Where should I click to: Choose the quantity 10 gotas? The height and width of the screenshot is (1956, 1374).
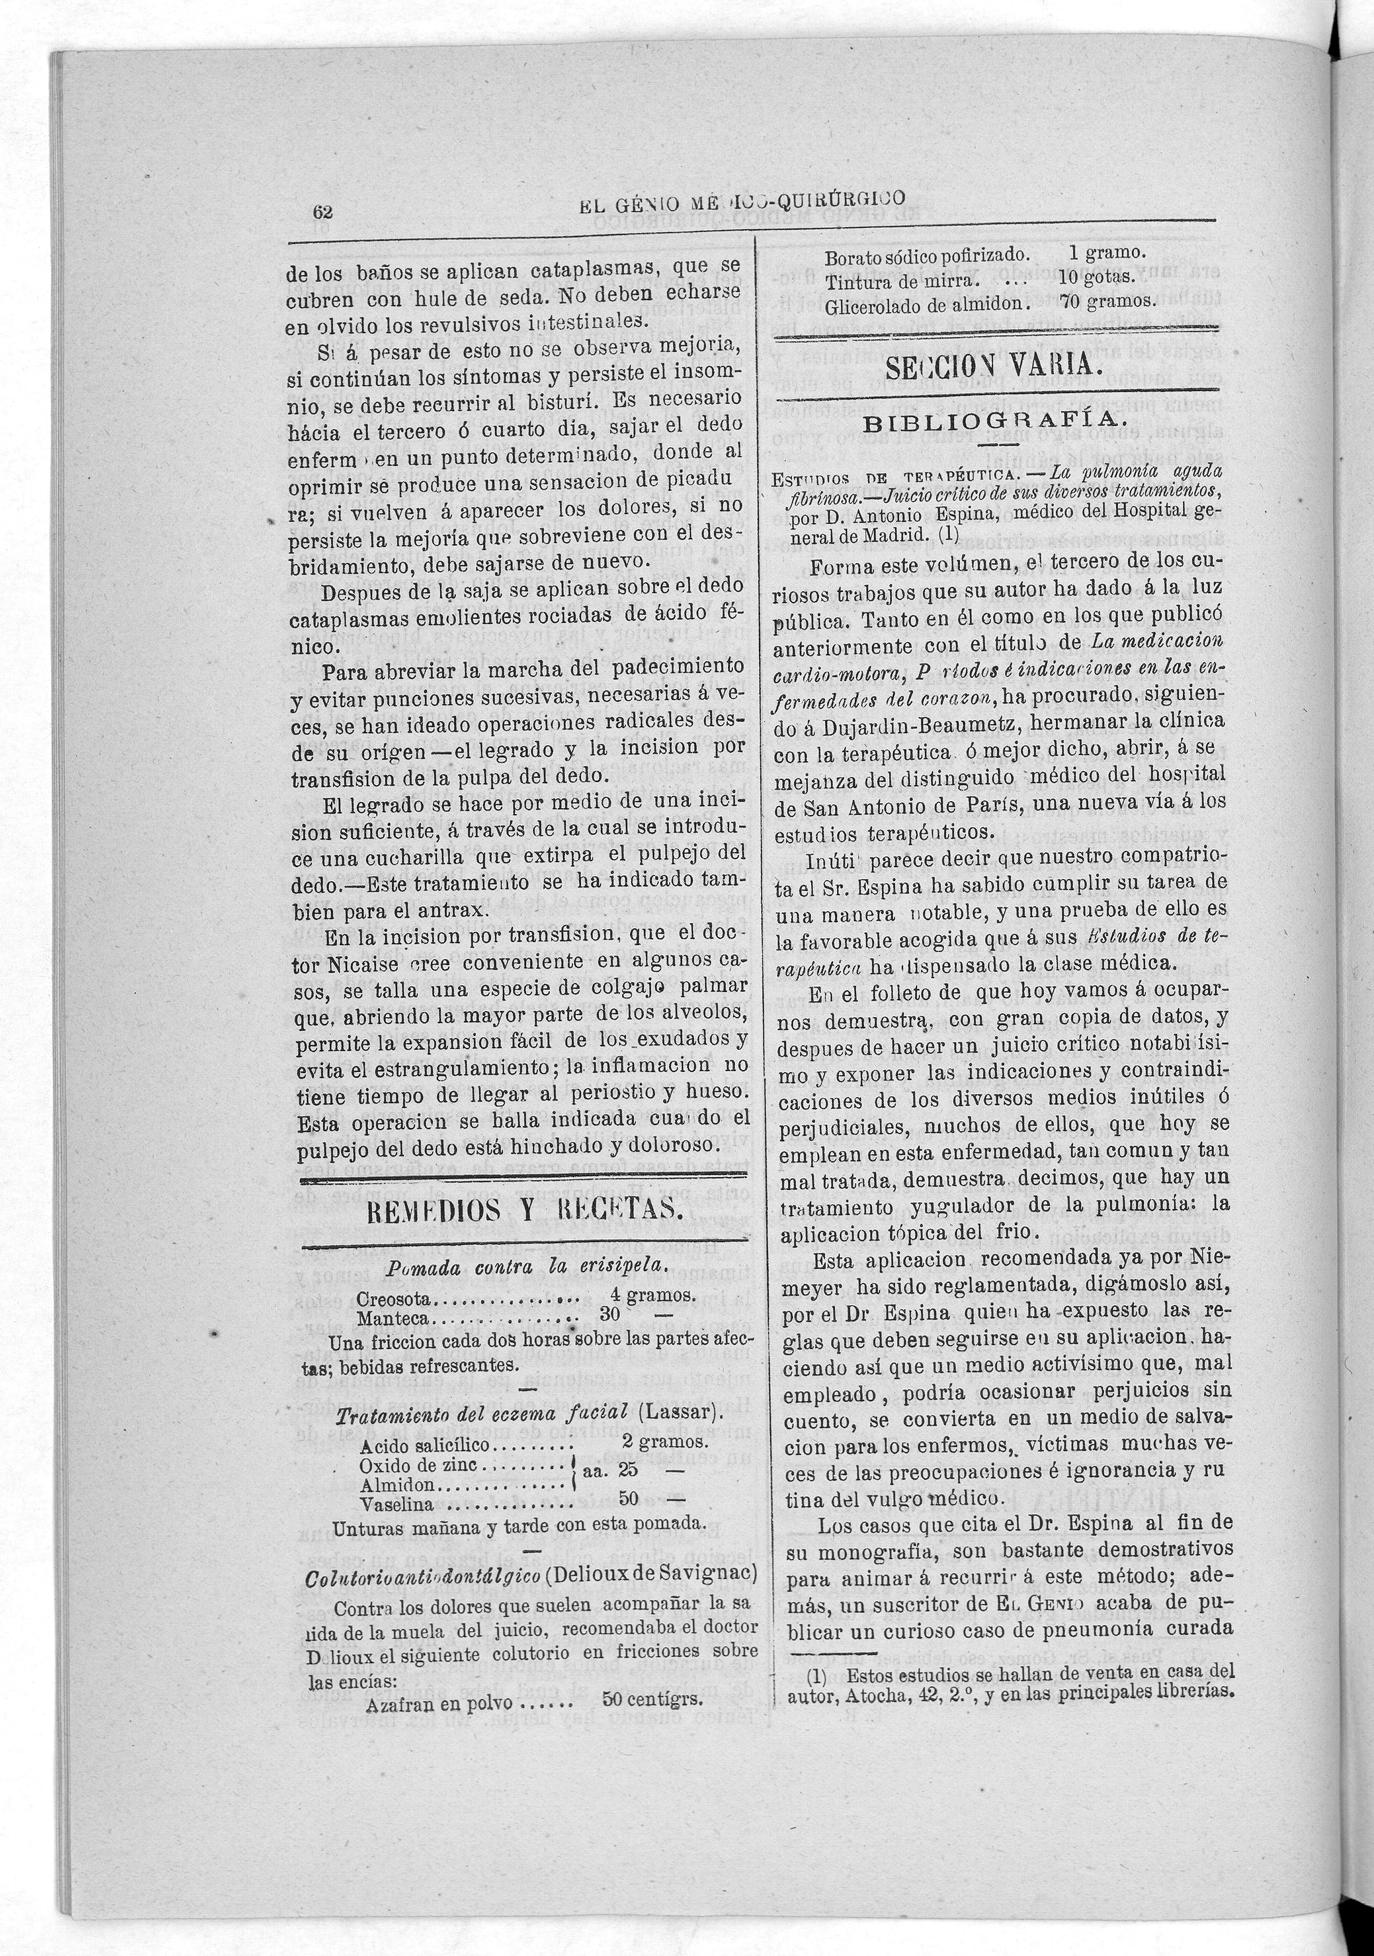(x=1097, y=278)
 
